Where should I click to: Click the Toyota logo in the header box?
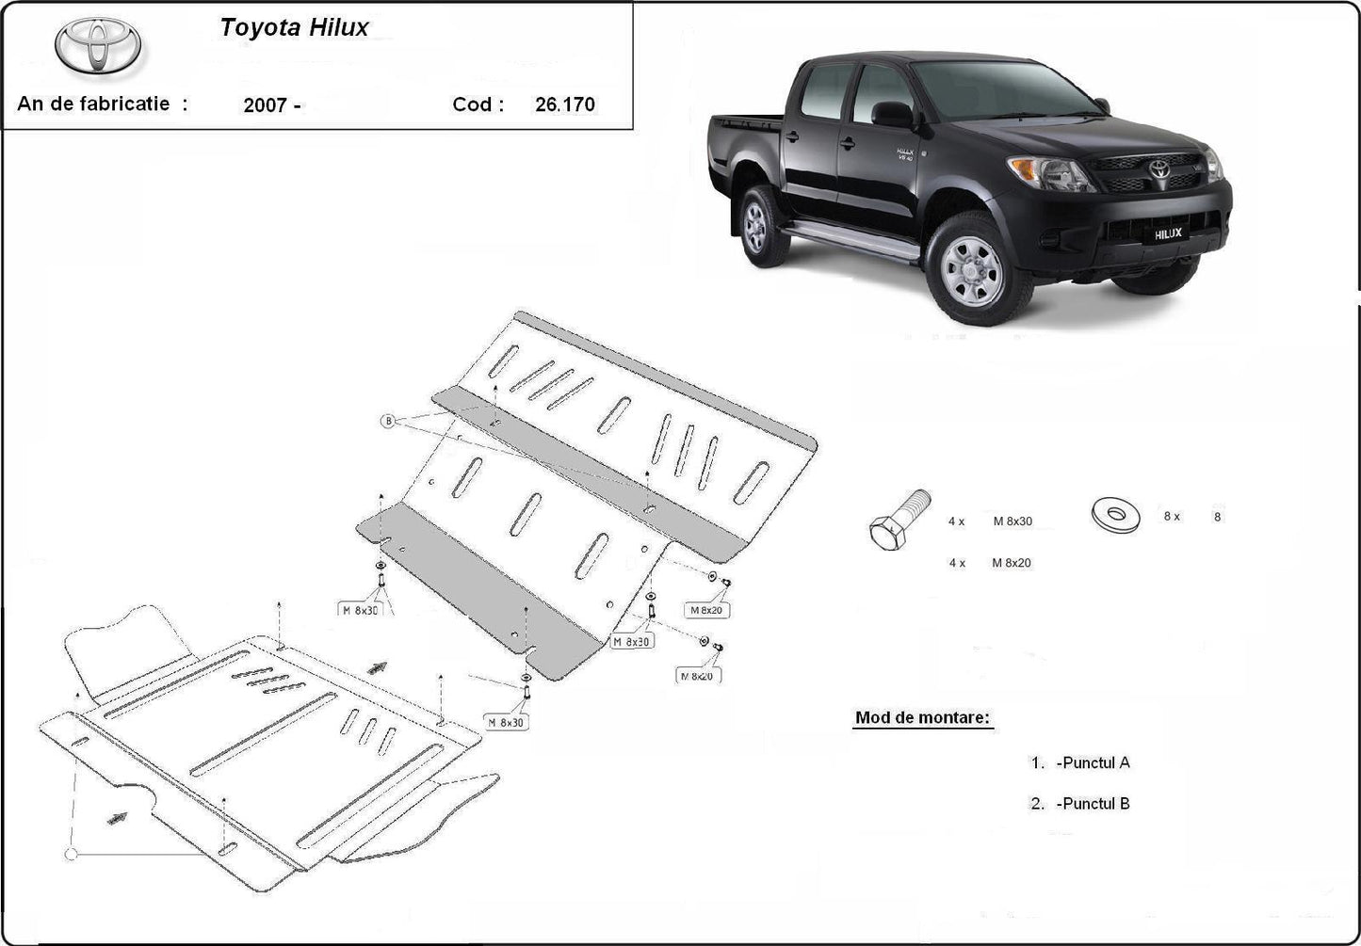tap(98, 45)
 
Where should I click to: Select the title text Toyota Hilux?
tap(294, 27)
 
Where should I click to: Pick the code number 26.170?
tap(565, 104)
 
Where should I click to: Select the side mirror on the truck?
tap(891, 115)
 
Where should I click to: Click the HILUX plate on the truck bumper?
tap(1168, 233)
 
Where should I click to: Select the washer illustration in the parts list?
tap(1115, 513)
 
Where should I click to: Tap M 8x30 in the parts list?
tap(1013, 521)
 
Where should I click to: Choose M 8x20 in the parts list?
tap(1012, 563)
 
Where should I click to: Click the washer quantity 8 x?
tap(1171, 517)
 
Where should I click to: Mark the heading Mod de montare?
tap(922, 717)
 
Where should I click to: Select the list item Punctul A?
tap(1093, 762)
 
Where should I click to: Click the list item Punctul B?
tap(1093, 804)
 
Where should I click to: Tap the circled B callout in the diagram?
tap(388, 421)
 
